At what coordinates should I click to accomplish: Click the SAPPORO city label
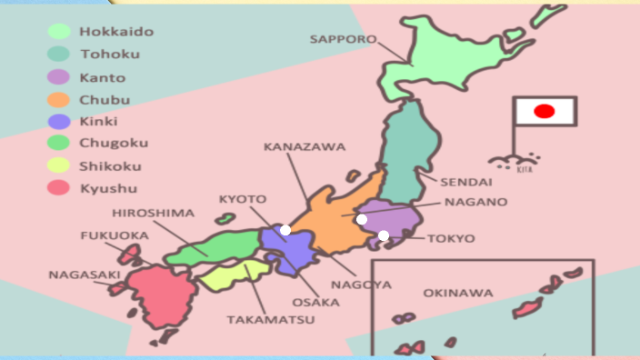click(x=343, y=39)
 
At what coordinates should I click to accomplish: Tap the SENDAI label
click(x=466, y=182)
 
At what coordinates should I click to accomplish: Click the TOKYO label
click(x=452, y=238)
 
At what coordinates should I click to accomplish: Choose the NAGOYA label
click(x=361, y=285)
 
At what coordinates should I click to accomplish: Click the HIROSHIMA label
click(x=154, y=214)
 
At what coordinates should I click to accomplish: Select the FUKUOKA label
click(x=114, y=235)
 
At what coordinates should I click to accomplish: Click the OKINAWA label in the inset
click(x=458, y=293)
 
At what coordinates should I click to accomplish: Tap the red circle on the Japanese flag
click(x=544, y=111)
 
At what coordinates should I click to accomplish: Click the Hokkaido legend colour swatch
click(x=59, y=32)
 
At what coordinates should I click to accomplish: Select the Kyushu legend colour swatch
click(x=59, y=188)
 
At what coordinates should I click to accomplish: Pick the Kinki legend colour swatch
click(x=59, y=121)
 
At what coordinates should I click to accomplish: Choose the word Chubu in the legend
click(x=105, y=99)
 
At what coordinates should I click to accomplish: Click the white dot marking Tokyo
click(x=384, y=235)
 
